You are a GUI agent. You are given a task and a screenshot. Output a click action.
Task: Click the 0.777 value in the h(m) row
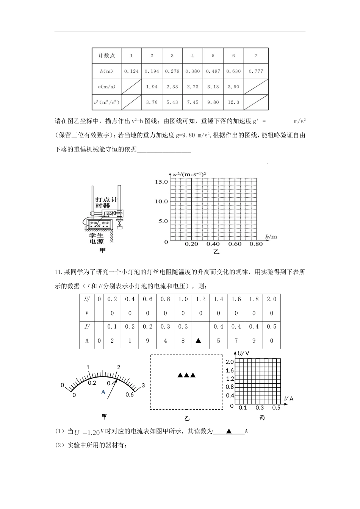click(256, 71)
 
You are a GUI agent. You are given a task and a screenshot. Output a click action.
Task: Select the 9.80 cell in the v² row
click(213, 102)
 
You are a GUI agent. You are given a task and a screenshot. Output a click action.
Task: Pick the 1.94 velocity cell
click(152, 87)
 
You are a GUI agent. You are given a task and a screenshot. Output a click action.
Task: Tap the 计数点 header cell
click(106, 56)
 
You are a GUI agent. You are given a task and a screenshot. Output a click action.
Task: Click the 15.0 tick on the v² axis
click(161, 182)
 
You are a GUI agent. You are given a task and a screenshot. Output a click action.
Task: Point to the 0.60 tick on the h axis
click(235, 244)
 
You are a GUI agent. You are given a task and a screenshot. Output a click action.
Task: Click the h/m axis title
click(271, 237)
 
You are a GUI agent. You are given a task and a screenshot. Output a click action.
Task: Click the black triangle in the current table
click(198, 341)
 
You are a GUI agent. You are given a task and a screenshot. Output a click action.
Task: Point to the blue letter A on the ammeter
click(103, 392)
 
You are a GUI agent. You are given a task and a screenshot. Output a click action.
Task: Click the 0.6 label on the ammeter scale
click(130, 395)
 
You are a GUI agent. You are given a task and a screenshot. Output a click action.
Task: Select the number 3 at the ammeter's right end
click(143, 386)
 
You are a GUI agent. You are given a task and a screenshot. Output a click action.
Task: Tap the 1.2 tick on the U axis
click(230, 379)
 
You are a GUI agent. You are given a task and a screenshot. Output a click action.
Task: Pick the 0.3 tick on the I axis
click(260, 408)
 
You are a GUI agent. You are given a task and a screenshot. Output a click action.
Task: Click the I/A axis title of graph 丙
click(289, 399)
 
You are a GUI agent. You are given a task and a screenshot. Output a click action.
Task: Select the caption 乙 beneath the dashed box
click(186, 418)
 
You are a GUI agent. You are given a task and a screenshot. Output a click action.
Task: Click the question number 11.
click(58, 272)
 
